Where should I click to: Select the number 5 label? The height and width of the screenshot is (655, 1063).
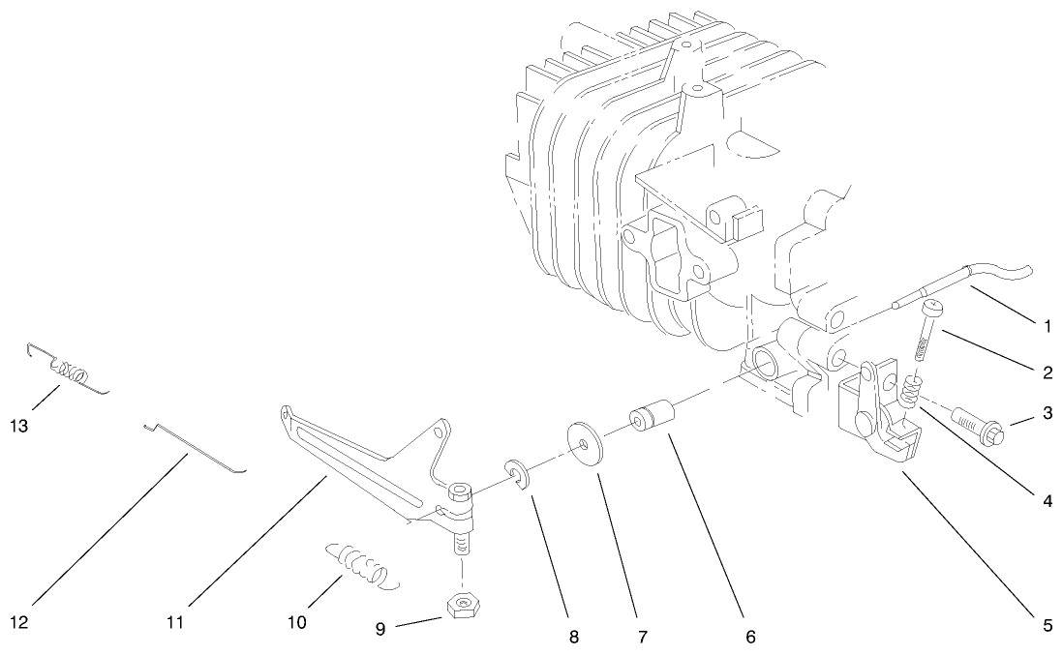click(x=1048, y=625)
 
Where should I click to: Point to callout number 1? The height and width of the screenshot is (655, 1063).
click(x=1048, y=326)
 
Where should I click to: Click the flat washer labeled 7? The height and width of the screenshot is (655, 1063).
click(x=584, y=442)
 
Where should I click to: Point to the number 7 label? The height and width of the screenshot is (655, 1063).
click(x=643, y=638)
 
